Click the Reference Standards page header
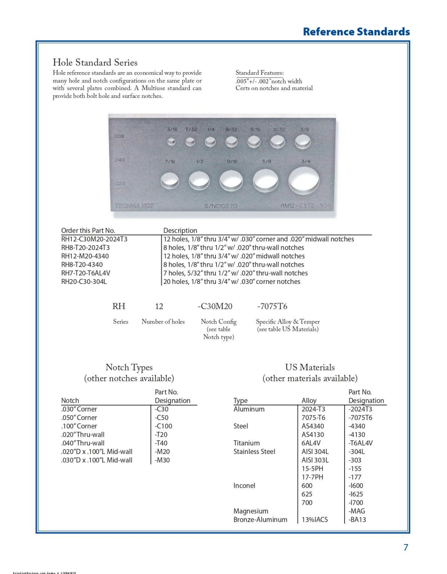click(x=356, y=32)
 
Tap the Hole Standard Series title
click(x=95, y=62)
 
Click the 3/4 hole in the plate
click(x=304, y=181)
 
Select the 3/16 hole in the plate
click(x=171, y=142)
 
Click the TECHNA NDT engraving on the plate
click(x=134, y=206)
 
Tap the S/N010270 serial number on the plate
click(x=220, y=206)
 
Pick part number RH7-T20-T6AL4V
click(x=86, y=273)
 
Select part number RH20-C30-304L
click(x=84, y=282)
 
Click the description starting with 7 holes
click(x=235, y=273)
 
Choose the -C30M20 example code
click(x=215, y=306)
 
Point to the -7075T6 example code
click(x=272, y=306)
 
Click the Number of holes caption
click(x=163, y=322)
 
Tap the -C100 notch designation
click(x=163, y=426)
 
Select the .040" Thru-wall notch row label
click(x=83, y=443)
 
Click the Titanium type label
click(x=246, y=443)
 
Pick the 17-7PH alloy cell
click(x=312, y=477)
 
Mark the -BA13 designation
click(x=357, y=520)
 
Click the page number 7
click(x=405, y=547)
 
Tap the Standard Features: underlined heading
click(x=259, y=73)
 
